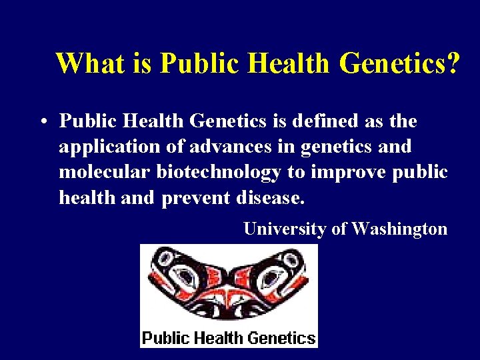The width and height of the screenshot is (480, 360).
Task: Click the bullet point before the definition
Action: (42, 122)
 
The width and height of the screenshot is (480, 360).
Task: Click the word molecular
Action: (105, 172)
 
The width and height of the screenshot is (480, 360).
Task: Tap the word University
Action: (285, 229)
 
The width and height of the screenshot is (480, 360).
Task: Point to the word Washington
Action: (399, 229)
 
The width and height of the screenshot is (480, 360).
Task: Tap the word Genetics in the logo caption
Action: (281, 337)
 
